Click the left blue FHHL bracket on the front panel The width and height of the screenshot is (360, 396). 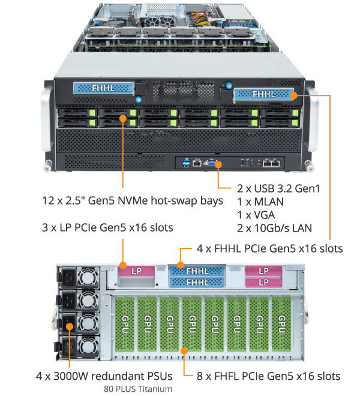pos(103,87)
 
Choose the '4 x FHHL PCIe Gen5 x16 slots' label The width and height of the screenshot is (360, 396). pos(269,248)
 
